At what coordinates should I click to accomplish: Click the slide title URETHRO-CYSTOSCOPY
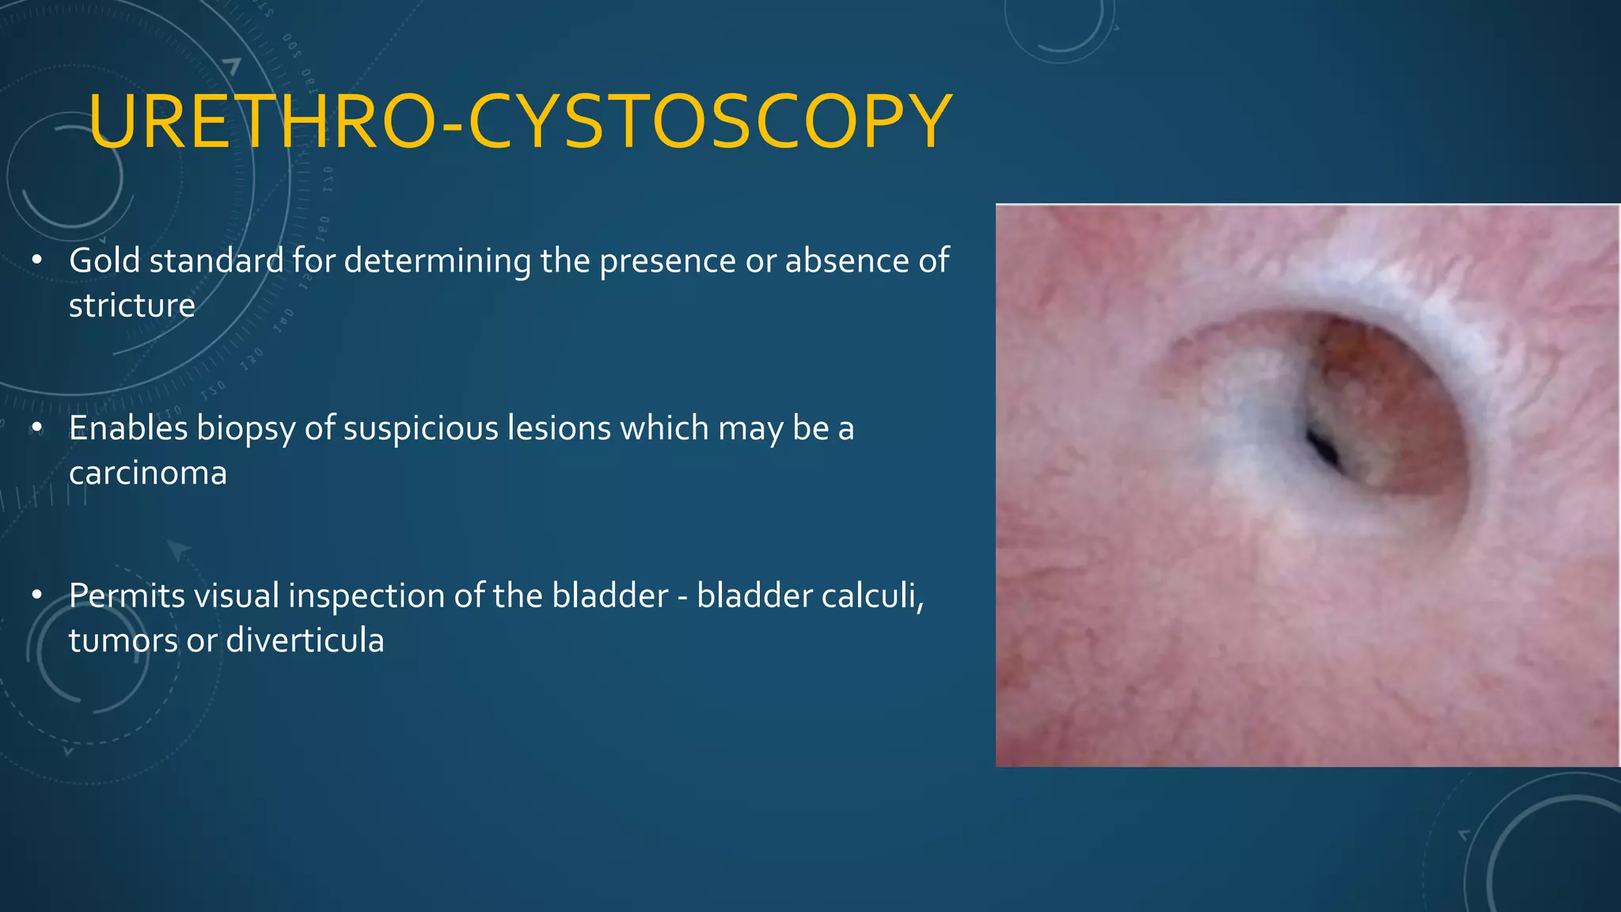(520, 122)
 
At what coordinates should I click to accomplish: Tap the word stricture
(131, 306)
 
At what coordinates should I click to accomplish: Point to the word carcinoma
(148, 473)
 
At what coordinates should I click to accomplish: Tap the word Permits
(127, 596)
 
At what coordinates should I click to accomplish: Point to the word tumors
(123, 640)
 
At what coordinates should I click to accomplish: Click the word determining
(438, 261)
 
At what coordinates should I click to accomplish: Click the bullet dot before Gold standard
(36, 261)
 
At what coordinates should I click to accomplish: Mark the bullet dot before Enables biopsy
(36, 428)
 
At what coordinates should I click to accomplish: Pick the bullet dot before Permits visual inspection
(36, 596)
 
